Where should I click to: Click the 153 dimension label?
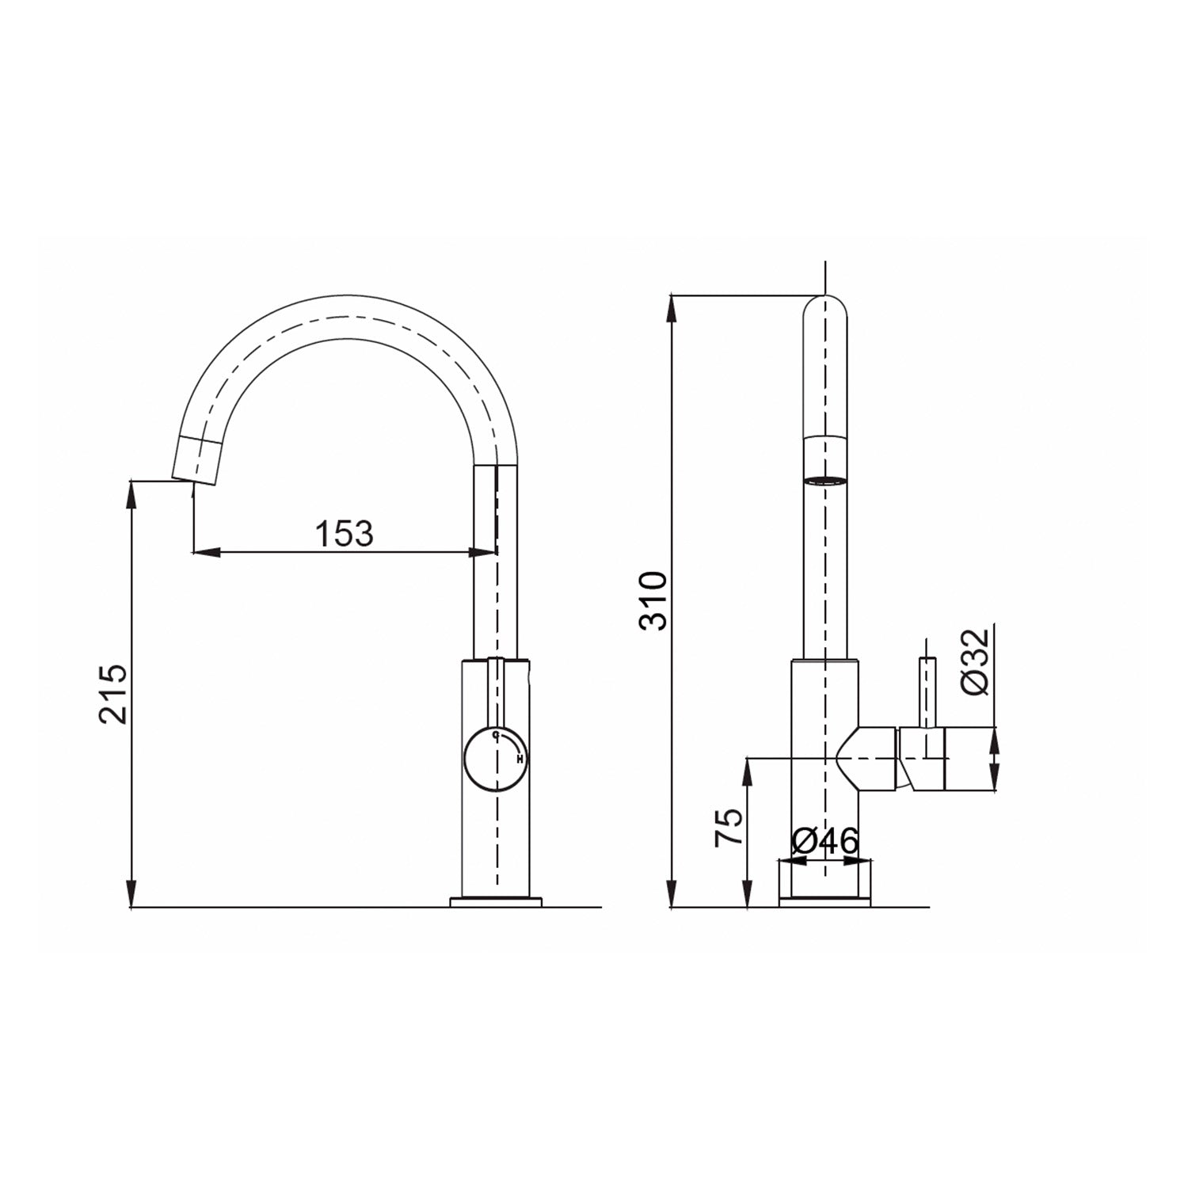(x=345, y=534)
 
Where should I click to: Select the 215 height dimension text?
(x=113, y=694)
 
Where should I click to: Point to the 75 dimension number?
(x=729, y=828)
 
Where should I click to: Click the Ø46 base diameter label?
(x=824, y=841)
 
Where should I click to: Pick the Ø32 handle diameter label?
(x=976, y=661)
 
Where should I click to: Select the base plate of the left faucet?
(x=496, y=901)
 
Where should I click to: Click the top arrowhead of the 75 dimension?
(x=746, y=770)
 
